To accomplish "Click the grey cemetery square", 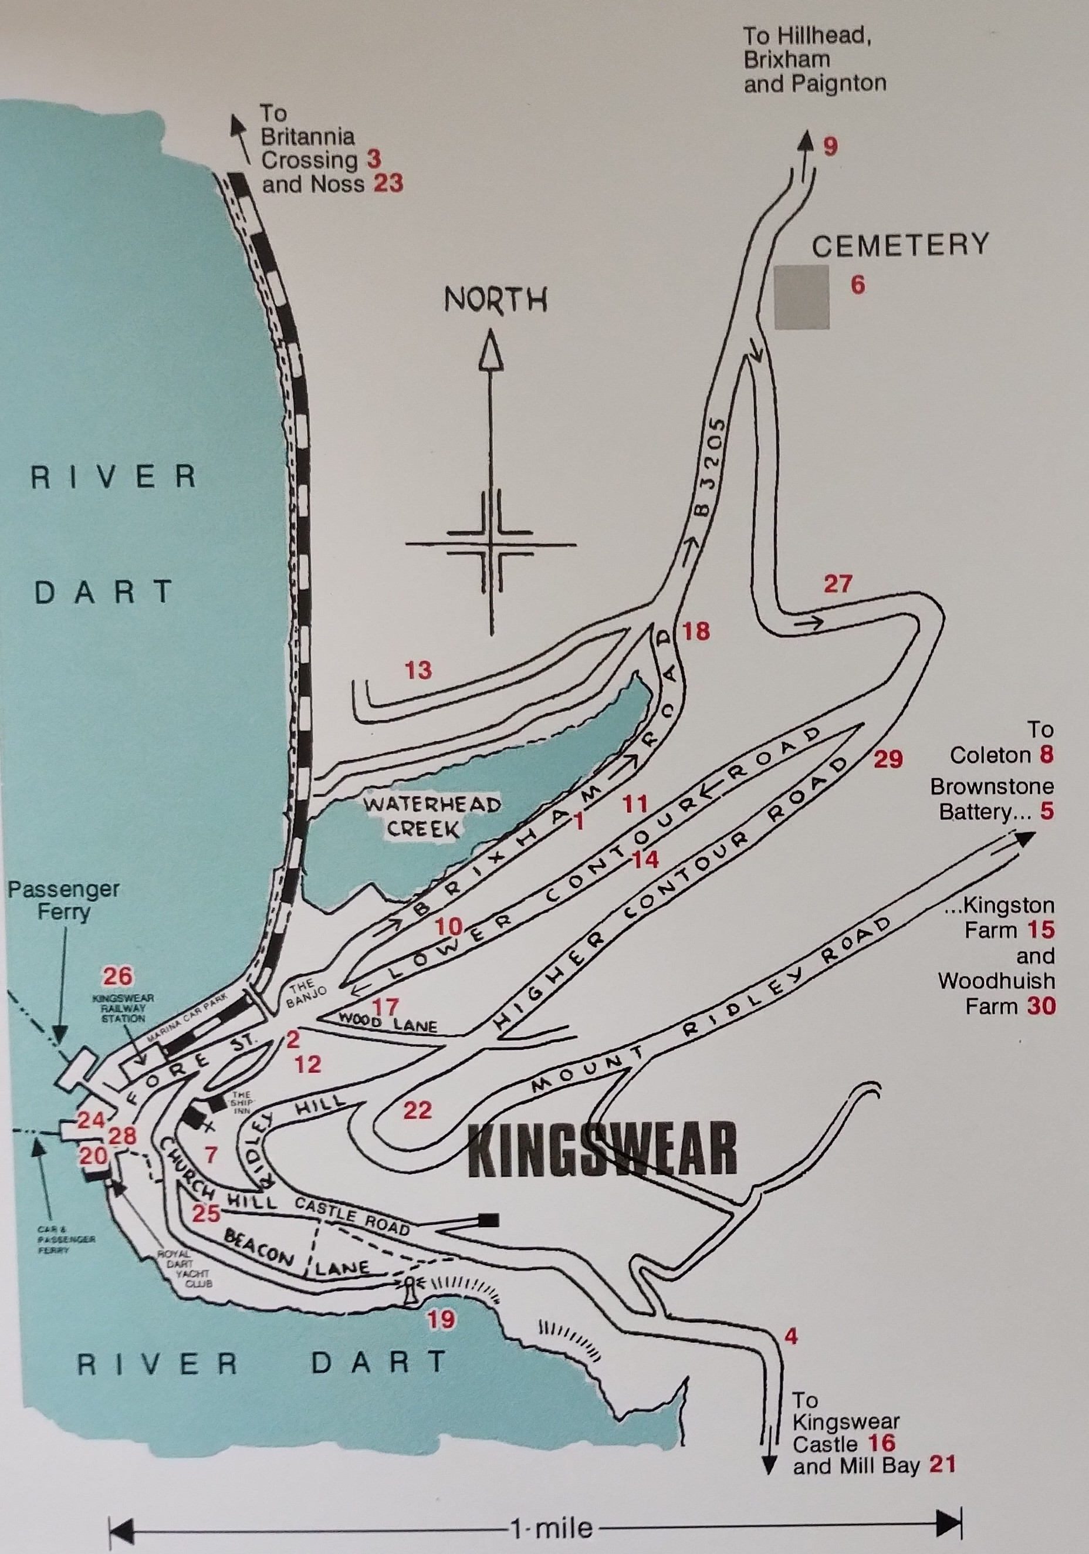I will click(x=801, y=297).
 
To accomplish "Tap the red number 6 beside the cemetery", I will click(x=857, y=285).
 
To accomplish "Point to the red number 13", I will click(x=418, y=670).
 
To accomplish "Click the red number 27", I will click(x=837, y=583).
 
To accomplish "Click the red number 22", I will click(x=417, y=1110).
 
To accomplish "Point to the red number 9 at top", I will click(x=830, y=146).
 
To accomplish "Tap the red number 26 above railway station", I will click(x=118, y=976).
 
